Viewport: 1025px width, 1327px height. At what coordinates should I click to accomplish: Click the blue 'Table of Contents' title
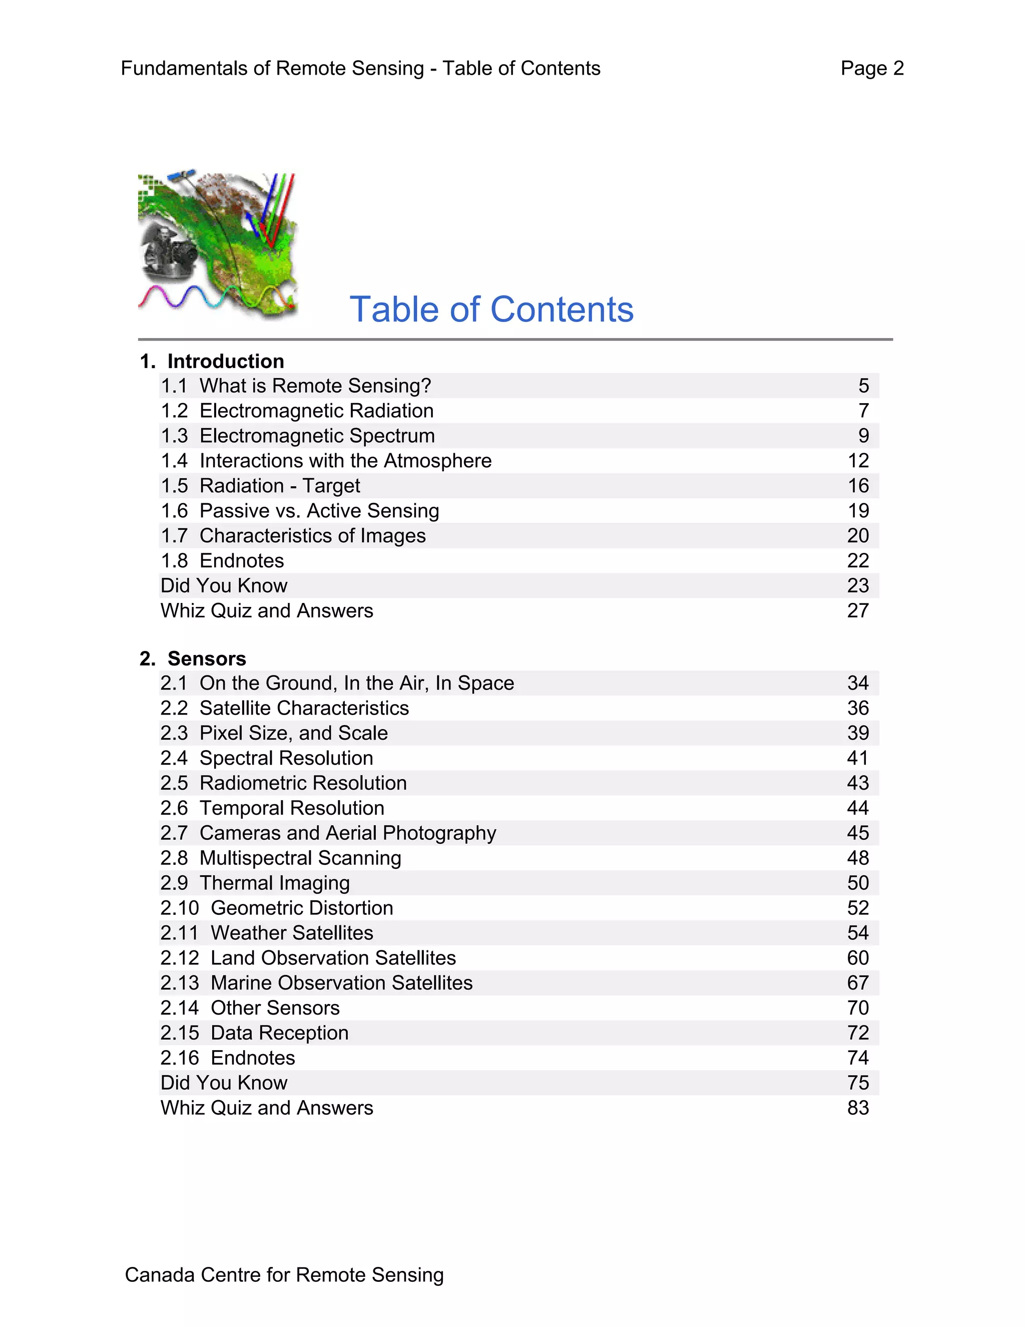point(491,309)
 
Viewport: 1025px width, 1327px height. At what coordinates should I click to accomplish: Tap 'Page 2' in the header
point(872,68)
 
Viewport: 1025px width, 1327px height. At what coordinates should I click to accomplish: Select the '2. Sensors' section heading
point(193,658)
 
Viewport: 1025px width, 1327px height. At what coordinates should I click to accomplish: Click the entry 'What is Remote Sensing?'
point(315,386)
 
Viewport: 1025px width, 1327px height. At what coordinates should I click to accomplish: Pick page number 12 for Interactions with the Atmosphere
point(858,461)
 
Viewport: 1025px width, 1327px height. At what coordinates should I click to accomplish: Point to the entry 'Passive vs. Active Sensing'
point(319,511)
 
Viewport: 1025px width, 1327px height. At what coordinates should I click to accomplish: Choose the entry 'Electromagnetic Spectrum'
point(317,436)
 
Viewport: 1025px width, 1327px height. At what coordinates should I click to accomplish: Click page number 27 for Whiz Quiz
point(858,610)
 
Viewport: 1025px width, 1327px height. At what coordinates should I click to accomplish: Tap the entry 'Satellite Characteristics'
point(304,708)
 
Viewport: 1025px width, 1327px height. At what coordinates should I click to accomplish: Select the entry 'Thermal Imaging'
point(274,883)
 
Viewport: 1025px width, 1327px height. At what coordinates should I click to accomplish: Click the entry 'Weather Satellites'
point(291,933)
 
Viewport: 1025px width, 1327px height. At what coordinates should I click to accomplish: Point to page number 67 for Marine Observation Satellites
point(858,982)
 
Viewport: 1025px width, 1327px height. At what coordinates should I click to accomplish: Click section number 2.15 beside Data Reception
point(180,1033)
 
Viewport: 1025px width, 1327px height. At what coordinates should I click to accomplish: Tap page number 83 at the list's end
point(858,1108)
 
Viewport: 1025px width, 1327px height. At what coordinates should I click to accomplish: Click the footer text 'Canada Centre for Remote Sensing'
point(284,1275)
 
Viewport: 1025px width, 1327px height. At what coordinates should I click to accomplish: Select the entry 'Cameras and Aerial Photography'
point(347,833)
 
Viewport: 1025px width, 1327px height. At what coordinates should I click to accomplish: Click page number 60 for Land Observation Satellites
point(858,957)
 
